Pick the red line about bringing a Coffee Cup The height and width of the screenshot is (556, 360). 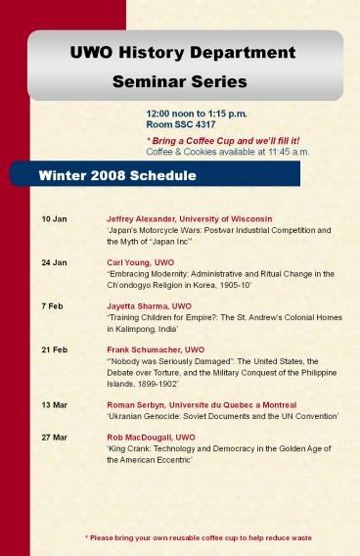coord(216,141)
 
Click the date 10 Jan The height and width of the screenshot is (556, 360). coord(55,217)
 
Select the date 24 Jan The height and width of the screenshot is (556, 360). coord(55,262)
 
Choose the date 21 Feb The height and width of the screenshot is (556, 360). coord(55,349)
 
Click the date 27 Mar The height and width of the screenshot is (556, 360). coord(55,437)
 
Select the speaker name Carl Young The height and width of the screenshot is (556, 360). coord(130,262)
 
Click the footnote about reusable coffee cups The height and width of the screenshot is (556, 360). coord(199,537)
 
